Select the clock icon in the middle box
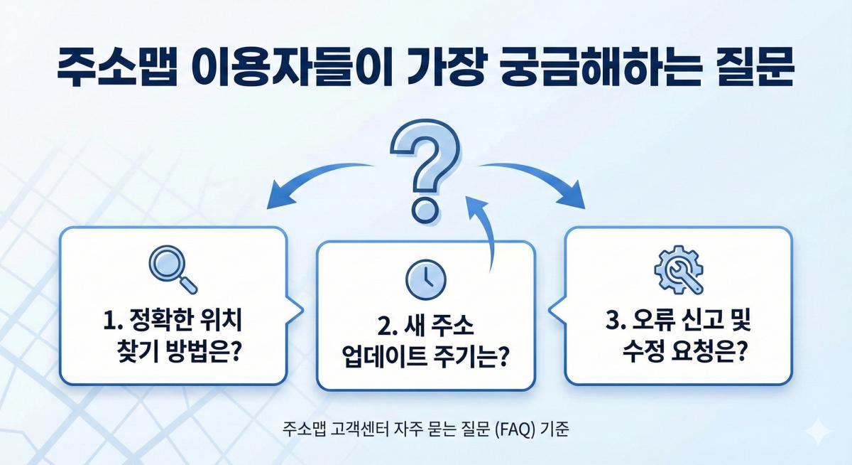pos(425,278)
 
